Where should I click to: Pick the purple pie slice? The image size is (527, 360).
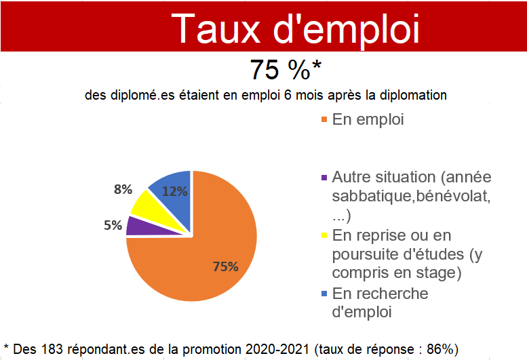(x=144, y=226)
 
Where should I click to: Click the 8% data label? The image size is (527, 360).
(x=123, y=189)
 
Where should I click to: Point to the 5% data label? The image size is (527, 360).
(x=113, y=225)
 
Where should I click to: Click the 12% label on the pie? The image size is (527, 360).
(x=175, y=191)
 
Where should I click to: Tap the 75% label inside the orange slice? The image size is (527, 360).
(x=226, y=266)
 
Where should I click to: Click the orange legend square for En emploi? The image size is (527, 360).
(x=324, y=119)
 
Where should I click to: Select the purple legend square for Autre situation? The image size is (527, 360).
(x=324, y=178)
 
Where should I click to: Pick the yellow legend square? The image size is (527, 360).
(x=324, y=235)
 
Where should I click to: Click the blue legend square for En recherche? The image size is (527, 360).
(x=324, y=294)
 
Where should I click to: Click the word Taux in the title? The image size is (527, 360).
(x=218, y=28)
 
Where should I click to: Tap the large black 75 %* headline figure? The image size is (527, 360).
(x=286, y=70)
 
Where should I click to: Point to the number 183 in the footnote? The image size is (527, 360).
(x=52, y=349)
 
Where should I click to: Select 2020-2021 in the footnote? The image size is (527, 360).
(x=277, y=349)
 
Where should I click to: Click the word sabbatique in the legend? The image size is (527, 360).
(x=372, y=197)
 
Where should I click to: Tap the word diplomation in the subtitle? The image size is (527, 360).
(x=413, y=96)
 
